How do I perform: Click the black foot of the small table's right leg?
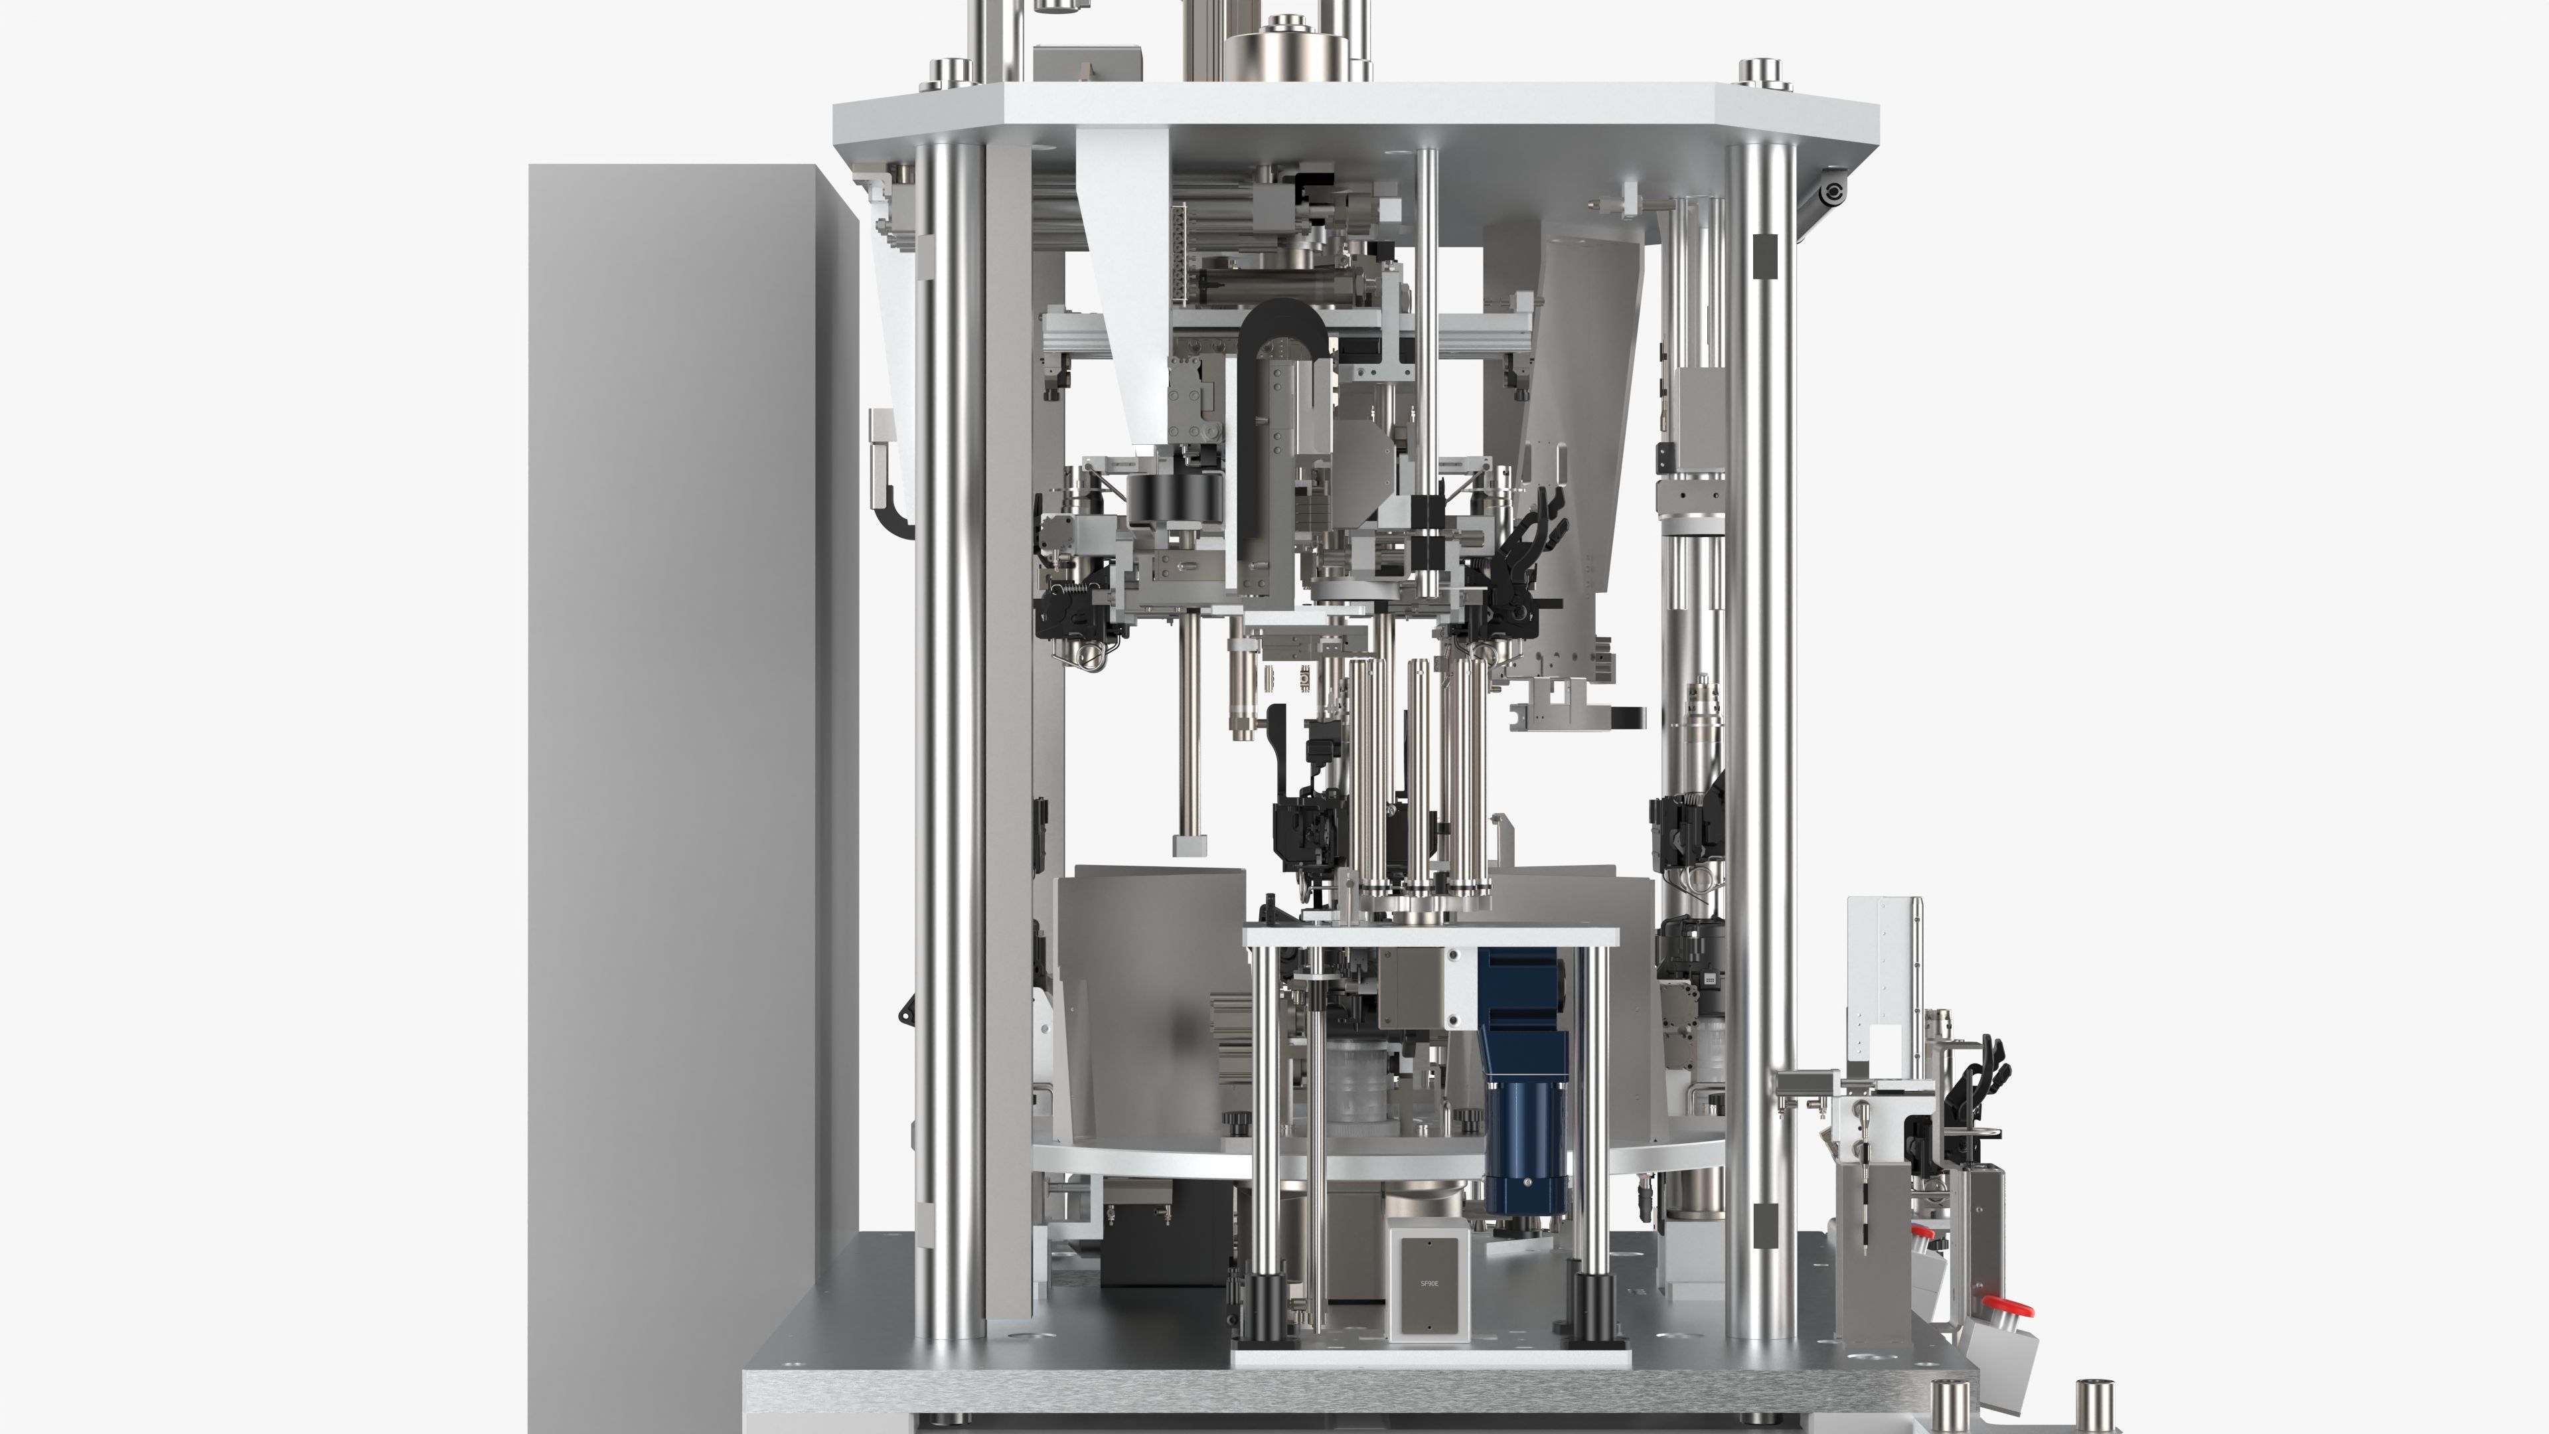point(1593,1307)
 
